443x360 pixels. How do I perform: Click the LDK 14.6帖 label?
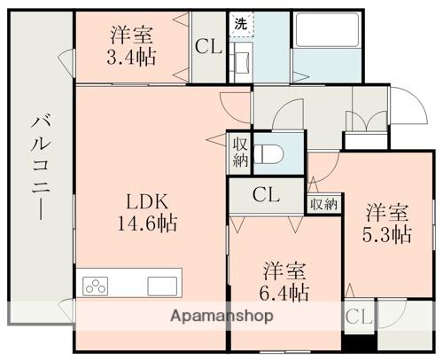(148, 212)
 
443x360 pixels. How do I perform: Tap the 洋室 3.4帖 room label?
(131, 46)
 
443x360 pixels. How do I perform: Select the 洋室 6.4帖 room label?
(284, 281)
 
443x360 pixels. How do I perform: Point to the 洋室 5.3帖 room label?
(387, 223)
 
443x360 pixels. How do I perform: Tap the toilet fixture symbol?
(268, 154)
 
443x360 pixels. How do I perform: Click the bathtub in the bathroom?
(327, 29)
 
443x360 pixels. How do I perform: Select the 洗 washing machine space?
(241, 24)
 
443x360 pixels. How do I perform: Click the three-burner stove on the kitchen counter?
(95, 286)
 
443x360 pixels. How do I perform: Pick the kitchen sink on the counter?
(162, 286)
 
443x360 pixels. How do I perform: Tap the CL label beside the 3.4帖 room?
(208, 47)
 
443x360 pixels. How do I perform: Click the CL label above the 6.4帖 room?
(266, 195)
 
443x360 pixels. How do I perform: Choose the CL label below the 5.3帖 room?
(359, 317)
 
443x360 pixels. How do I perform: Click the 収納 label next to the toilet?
(240, 153)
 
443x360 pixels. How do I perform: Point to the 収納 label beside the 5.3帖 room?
(324, 204)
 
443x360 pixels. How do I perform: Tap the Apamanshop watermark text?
(221, 317)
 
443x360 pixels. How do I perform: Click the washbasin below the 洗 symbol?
(242, 62)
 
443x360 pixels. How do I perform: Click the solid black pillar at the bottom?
(359, 343)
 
